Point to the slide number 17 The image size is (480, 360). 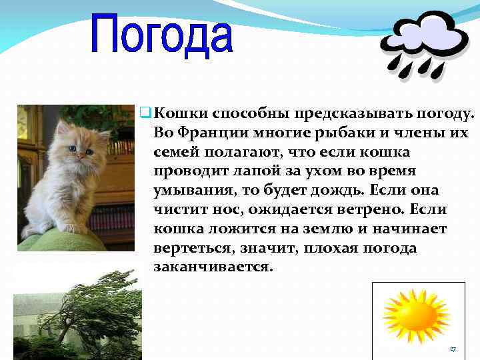coord(453,349)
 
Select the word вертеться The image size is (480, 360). coord(187,247)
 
